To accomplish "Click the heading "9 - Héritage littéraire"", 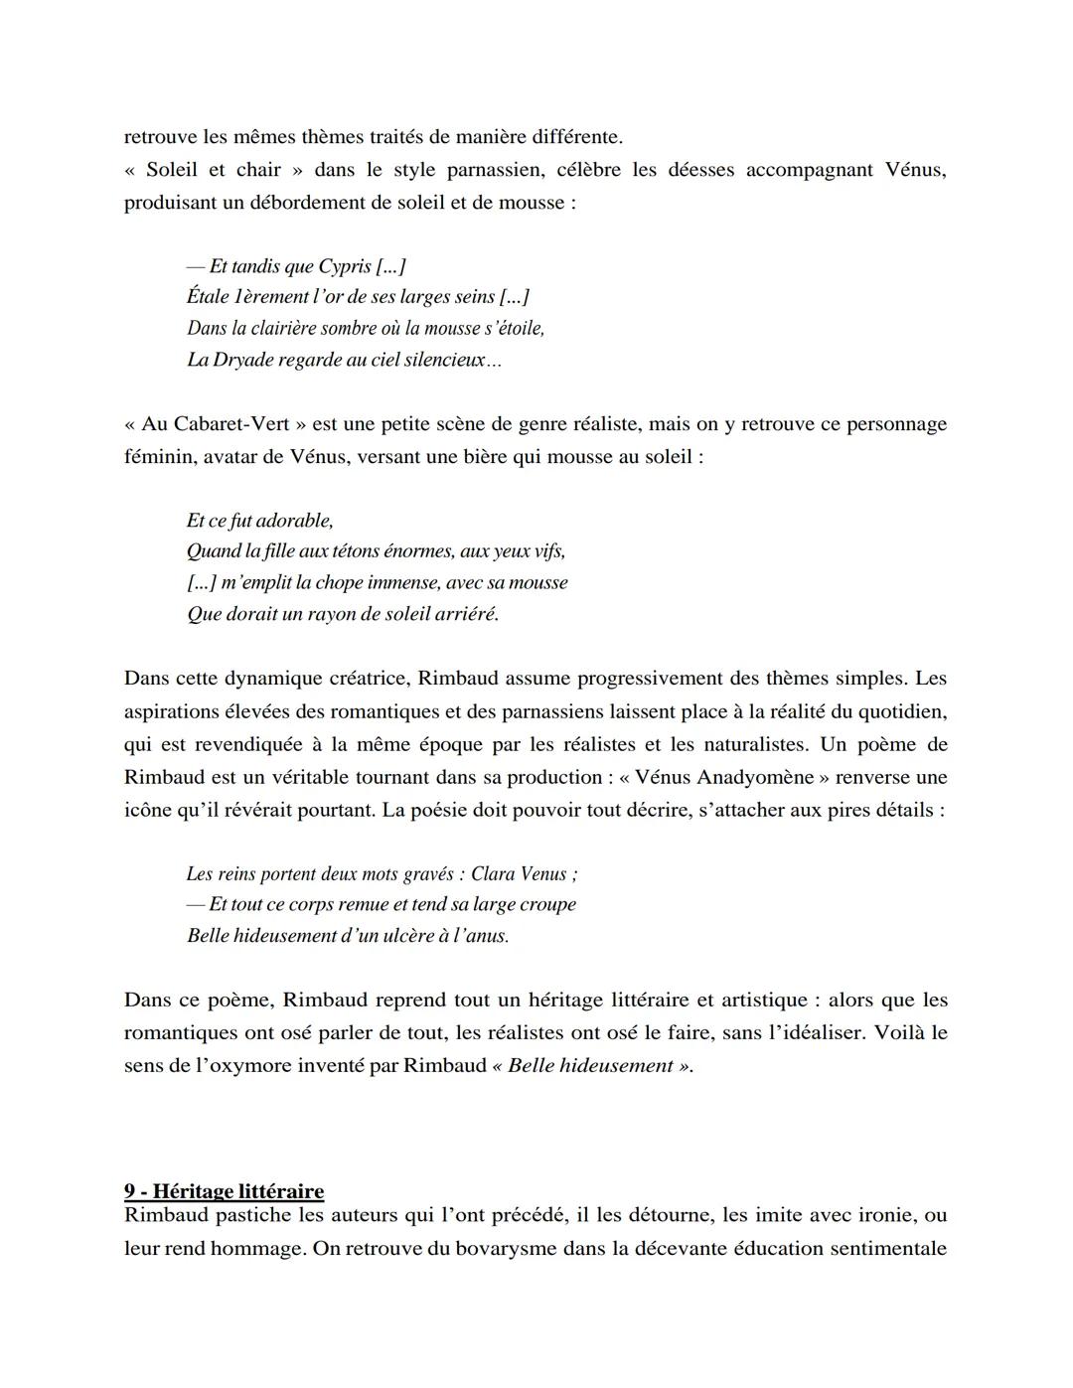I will [x=224, y=1190].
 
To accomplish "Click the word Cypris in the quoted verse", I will [x=345, y=266].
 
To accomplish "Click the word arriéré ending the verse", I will [x=465, y=614].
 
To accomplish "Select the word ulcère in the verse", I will [x=407, y=936].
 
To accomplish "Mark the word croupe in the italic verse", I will [x=546, y=905].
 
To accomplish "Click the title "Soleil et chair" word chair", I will [x=258, y=170].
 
